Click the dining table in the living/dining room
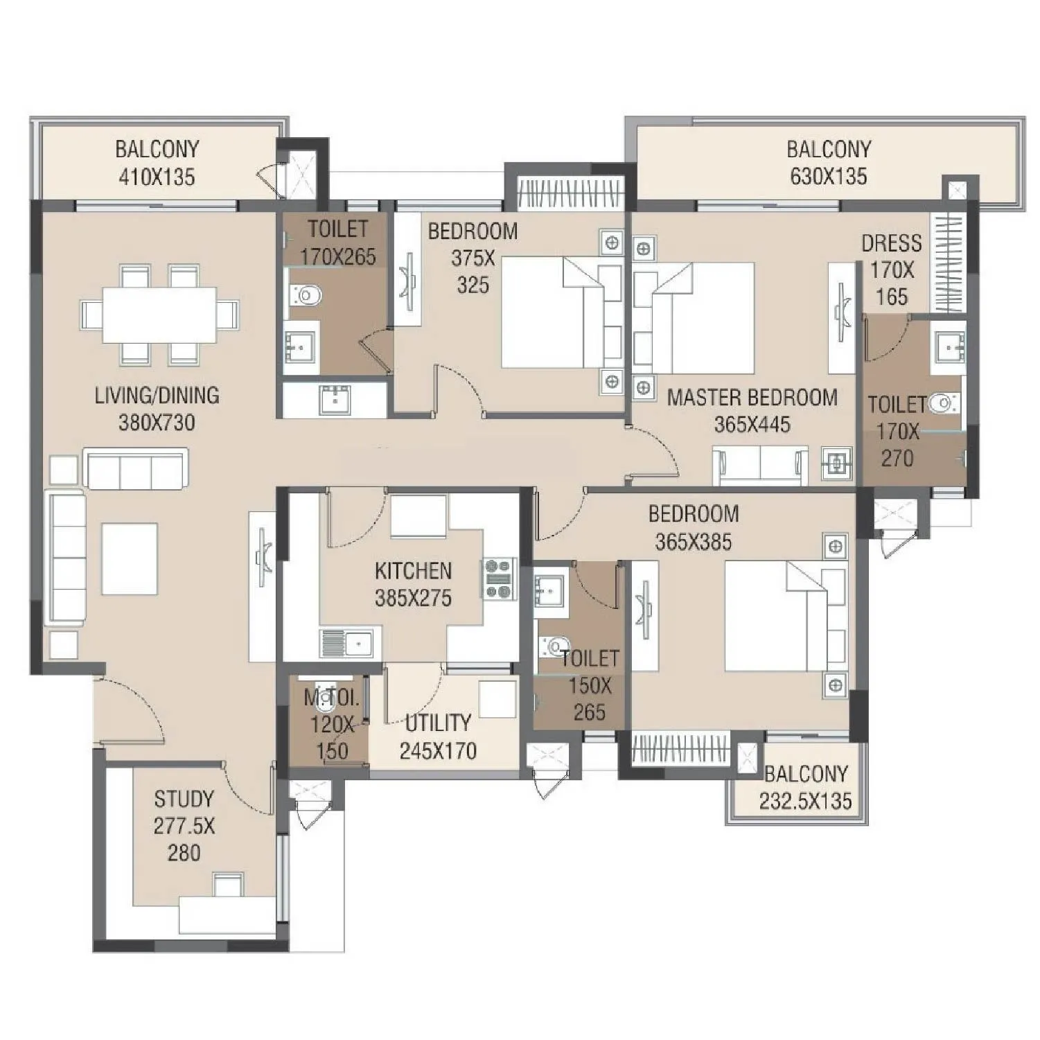(x=160, y=315)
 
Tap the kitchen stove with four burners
(x=499, y=578)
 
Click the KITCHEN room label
(x=413, y=571)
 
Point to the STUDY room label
(x=184, y=799)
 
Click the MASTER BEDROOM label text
(x=752, y=398)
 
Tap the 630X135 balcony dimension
(x=828, y=177)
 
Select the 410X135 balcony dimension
(x=157, y=177)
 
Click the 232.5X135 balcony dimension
(x=805, y=801)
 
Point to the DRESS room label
(x=891, y=243)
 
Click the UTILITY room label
(x=437, y=723)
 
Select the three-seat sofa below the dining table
(x=136, y=469)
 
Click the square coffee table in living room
(x=130, y=558)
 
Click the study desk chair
(x=228, y=884)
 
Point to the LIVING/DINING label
(x=157, y=396)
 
